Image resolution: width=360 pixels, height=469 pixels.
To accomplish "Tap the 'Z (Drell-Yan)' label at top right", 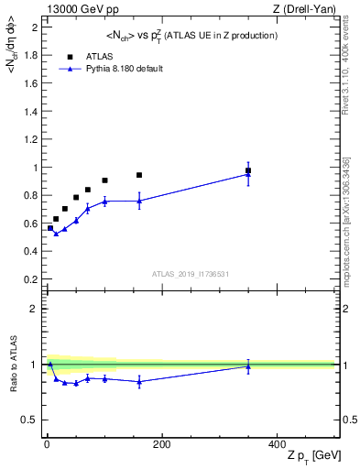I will point(311,9).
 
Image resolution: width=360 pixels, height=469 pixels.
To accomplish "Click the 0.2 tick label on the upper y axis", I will point(32,279).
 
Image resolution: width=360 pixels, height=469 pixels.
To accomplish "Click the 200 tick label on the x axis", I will point(161,444).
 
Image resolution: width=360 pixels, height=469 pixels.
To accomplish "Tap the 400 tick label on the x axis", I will point(276,444).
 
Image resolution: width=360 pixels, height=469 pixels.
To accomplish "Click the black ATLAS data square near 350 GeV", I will point(248,170).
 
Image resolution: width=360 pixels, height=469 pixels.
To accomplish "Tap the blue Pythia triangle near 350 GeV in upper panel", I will point(248,174).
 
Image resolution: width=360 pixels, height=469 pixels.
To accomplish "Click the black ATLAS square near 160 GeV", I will point(139,175).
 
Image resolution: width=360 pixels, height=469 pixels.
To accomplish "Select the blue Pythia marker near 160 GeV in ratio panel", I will point(139,382).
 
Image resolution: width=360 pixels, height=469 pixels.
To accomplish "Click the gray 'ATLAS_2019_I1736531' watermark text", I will point(191,274).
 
